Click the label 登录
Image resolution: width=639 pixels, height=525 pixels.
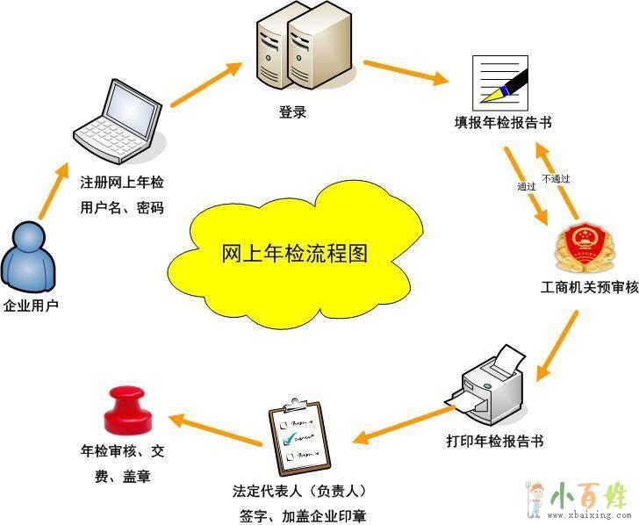292,112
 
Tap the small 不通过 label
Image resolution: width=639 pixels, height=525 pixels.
556,178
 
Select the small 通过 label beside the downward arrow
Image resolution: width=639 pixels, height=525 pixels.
527,187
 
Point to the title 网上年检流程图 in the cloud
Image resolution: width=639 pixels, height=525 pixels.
294,255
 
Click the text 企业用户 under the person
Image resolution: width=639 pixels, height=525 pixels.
31,306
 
